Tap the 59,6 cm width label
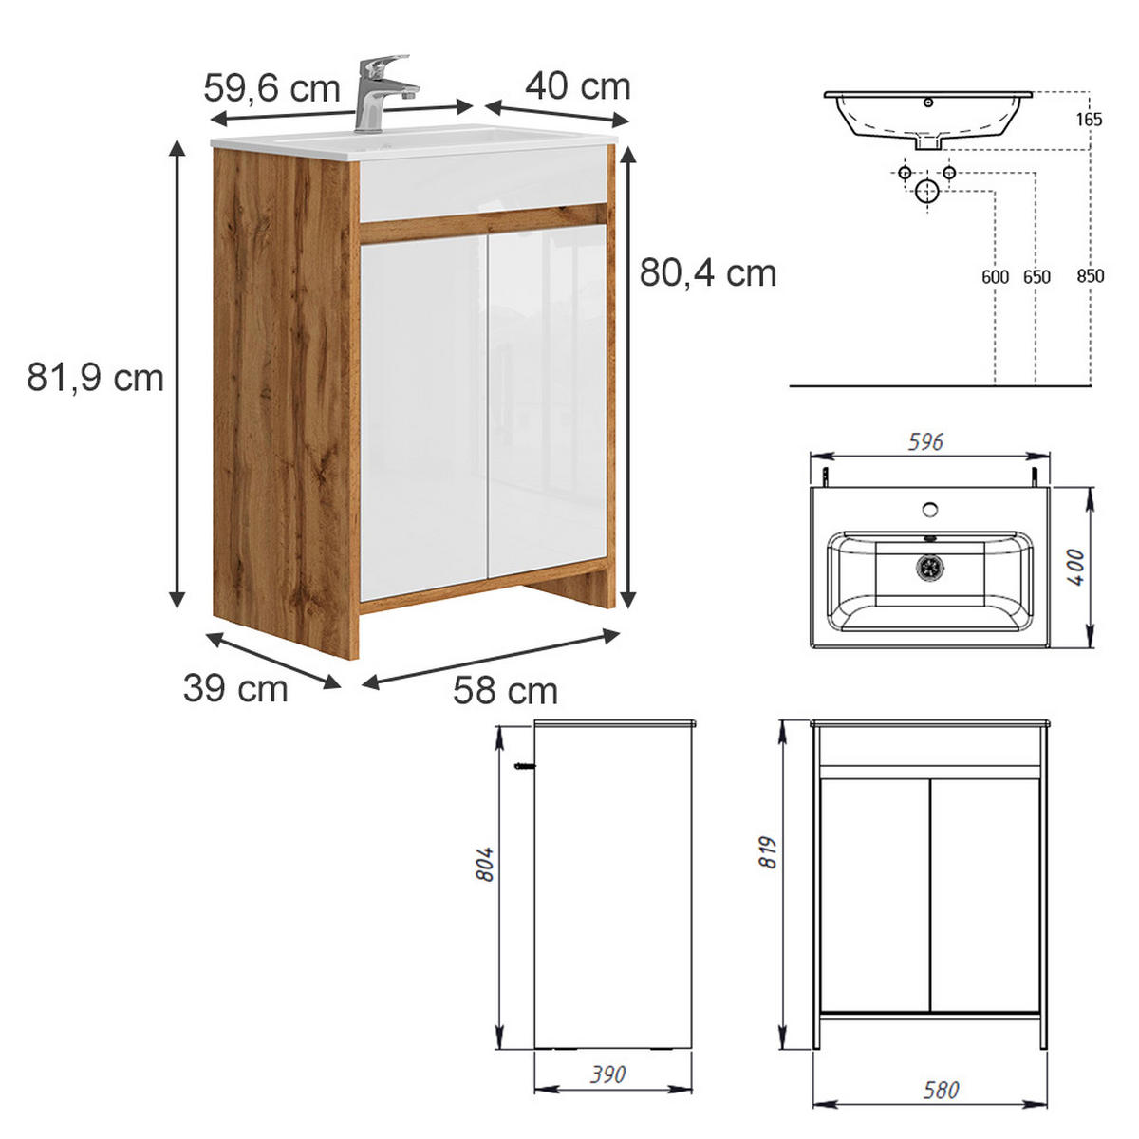(x=271, y=88)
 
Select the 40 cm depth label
(x=577, y=86)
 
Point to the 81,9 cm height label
(x=95, y=378)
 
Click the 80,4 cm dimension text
(x=707, y=273)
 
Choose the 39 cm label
(x=235, y=688)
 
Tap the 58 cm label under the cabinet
(x=505, y=690)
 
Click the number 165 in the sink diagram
(x=1090, y=120)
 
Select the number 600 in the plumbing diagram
(x=995, y=276)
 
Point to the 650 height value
(x=1036, y=276)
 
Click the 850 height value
(x=1091, y=276)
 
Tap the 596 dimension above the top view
(x=925, y=442)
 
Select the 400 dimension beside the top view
(x=1076, y=567)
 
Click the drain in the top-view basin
(x=930, y=567)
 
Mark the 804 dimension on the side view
(x=486, y=864)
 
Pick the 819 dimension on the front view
(x=769, y=851)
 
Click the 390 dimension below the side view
(x=607, y=1074)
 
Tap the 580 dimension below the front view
(x=941, y=1090)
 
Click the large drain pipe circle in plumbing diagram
(x=926, y=192)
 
